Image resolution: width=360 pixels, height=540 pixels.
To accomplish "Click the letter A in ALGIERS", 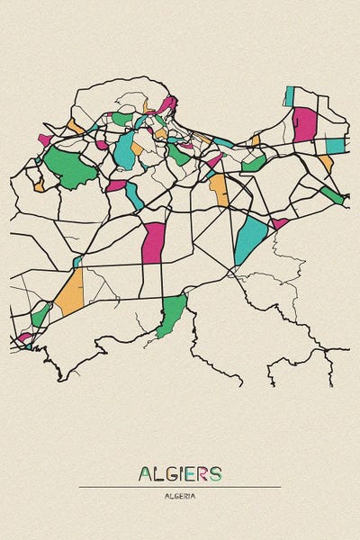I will tap(146, 474).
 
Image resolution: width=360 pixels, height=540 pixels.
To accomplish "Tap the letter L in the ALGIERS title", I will tap(159, 474).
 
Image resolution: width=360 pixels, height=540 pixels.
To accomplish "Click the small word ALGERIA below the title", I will tap(180, 496).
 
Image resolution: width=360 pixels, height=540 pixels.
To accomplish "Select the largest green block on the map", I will tap(69, 166).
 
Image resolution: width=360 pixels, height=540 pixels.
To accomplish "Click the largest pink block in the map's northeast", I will tap(304, 123).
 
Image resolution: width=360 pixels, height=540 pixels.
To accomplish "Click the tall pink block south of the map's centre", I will tap(154, 242).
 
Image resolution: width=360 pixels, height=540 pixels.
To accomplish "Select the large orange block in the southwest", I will tap(70, 293).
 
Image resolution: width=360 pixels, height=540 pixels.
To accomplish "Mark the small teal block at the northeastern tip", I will tap(289, 95).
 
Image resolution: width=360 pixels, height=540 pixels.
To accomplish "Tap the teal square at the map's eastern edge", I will tap(335, 145).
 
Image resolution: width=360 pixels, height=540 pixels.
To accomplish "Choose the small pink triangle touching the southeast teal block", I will tap(279, 222).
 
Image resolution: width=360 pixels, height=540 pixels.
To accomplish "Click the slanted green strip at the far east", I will tap(332, 194).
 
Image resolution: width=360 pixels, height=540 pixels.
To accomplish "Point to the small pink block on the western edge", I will tap(44, 139).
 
